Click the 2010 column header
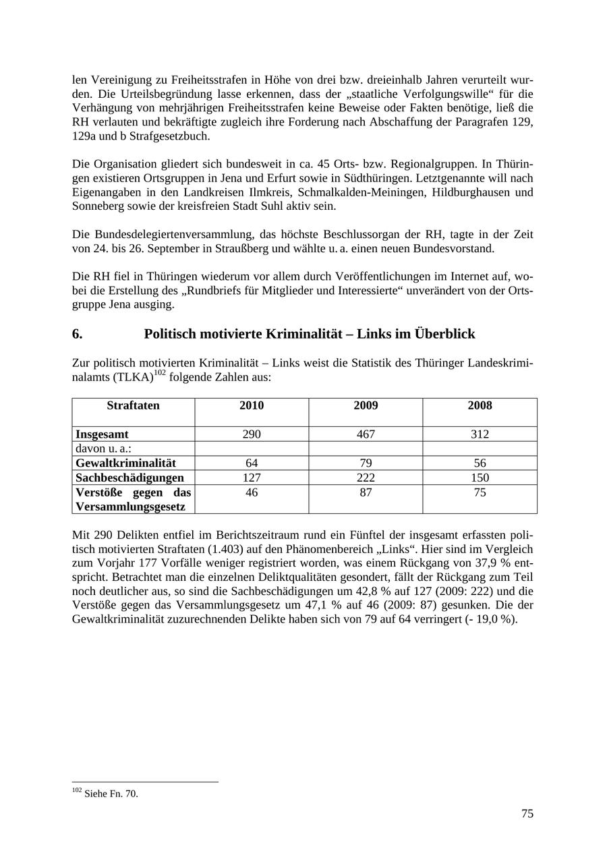(x=252, y=405)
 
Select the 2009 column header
(x=366, y=405)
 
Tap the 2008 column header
(x=480, y=405)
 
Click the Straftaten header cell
(x=133, y=405)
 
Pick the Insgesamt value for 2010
(x=252, y=434)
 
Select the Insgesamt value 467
(x=366, y=434)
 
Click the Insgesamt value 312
(x=480, y=434)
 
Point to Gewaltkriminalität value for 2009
(x=366, y=463)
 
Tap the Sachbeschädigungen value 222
(x=366, y=478)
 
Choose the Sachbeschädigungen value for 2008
(x=480, y=478)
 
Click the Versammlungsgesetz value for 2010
(x=252, y=492)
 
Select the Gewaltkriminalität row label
(x=125, y=463)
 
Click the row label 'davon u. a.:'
(x=103, y=449)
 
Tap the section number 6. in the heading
(x=77, y=334)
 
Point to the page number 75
(x=527, y=813)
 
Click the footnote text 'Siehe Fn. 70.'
(x=111, y=794)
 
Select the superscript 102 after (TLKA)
(x=159, y=372)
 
